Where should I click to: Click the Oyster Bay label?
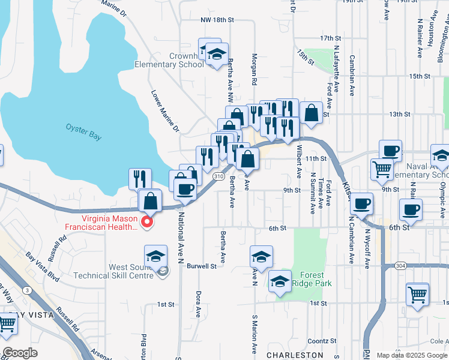[x=83, y=131]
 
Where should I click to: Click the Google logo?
[x=20, y=353]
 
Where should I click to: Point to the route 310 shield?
[x=218, y=177]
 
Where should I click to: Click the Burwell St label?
[x=201, y=265]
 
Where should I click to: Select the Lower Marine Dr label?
[x=165, y=111]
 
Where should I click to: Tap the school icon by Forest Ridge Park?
[x=280, y=283]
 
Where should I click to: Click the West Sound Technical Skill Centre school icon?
[x=155, y=256]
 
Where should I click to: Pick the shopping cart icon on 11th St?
[x=382, y=170]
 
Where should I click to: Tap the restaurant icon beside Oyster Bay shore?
[x=140, y=179]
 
